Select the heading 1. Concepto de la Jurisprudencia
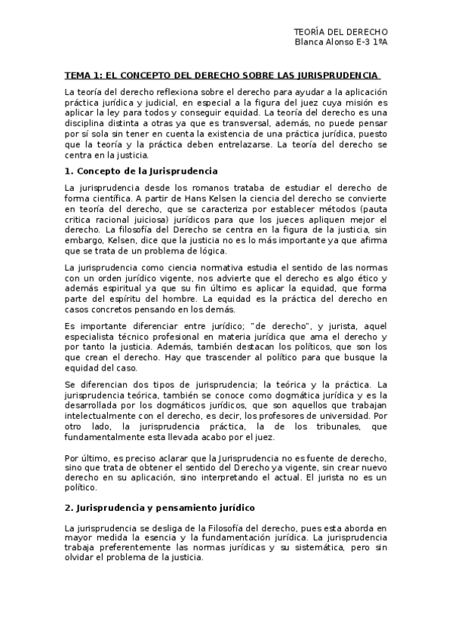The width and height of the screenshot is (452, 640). (141, 171)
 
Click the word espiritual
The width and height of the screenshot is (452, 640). (116, 289)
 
